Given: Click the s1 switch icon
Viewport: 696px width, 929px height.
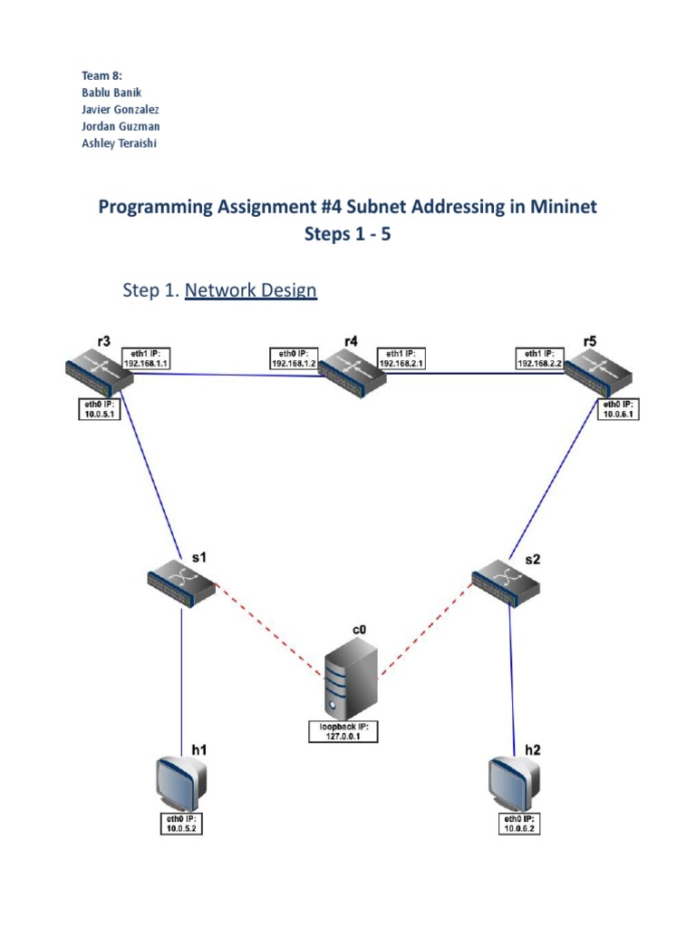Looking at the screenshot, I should click(x=182, y=582).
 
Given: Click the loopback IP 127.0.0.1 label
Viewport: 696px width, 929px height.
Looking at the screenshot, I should click(x=342, y=731).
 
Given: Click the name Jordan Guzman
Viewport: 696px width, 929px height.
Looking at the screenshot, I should click(x=121, y=127).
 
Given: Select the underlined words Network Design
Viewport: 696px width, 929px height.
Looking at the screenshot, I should click(x=250, y=290).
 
